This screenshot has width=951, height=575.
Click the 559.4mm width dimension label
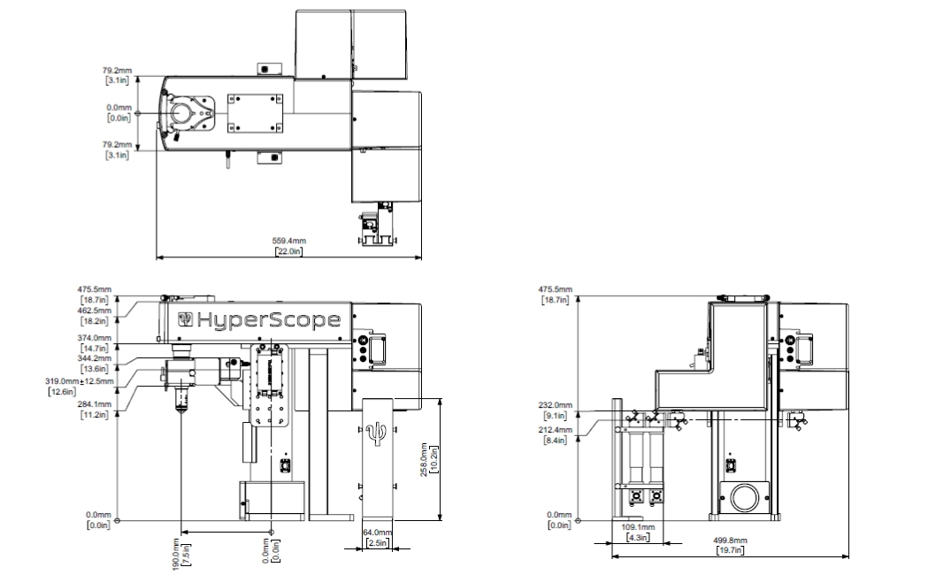(x=288, y=241)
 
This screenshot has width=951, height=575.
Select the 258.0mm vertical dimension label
(x=424, y=459)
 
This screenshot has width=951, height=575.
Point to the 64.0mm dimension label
(x=377, y=533)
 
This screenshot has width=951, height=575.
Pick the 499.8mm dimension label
(x=730, y=540)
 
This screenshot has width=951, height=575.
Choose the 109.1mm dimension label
(x=638, y=527)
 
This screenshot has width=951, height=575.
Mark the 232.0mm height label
(x=555, y=405)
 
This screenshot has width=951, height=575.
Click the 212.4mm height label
(x=555, y=430)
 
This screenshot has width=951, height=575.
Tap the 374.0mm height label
(x=95, y=338)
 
